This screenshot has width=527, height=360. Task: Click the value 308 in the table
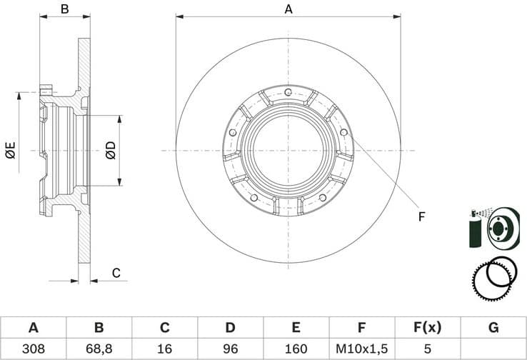click(x=33, y=349)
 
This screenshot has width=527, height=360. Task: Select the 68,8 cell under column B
click(x=99, y=349)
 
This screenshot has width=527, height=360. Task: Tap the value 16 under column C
click(x=164, y=349)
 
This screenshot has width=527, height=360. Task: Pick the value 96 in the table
click(x=230, y=349)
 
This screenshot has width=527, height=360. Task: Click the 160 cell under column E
click(x=296, y=349)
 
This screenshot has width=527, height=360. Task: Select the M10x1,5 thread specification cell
click(x=361, y=349)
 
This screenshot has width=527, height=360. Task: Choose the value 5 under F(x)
click(x=427, y=349)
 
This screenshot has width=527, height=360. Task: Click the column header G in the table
click(x=493, y=328)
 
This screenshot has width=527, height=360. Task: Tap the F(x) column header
click(x=427, y=328)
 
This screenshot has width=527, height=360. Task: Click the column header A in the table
click(x=33, y=328)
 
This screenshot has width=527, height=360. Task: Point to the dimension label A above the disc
click(x=288, y=9)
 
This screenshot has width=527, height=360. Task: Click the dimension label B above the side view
click(x=64, y=9)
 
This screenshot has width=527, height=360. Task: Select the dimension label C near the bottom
click(x=116, y=272)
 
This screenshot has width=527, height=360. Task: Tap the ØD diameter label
click(x=110, y=151)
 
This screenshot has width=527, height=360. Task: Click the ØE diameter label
click(x=10, y=151)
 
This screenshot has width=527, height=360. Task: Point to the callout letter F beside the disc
click(x=421, y=216)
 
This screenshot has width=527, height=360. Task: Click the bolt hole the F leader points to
click(x=343, y=132)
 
